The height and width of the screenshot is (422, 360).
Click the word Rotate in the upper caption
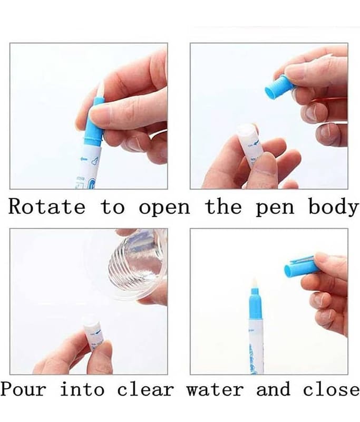(x=47, y=207)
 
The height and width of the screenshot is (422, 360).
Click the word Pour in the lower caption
(x=24, y=389)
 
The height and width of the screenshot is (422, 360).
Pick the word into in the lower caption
(x=82, y=389)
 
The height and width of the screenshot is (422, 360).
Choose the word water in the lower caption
(x=215, y=389)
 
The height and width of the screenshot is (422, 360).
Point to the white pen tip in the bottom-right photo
(x=255, y=283)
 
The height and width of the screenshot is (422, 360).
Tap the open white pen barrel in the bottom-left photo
(x=94, y=335)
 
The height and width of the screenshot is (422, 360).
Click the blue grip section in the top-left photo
(x=94, y=122)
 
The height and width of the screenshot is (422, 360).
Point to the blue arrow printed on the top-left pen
(x=84, y=159)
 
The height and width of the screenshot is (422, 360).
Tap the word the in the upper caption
(x=223, y=207)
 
